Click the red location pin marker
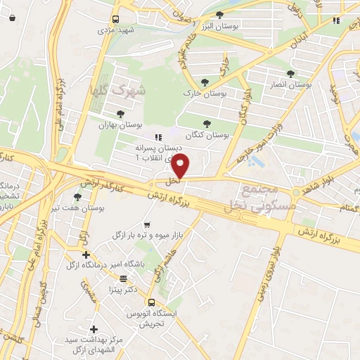(181, 167)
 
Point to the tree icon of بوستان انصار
(300, 73)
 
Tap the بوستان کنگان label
(207, 134)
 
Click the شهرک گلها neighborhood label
(131, 91)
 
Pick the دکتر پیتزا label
(121, 289)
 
